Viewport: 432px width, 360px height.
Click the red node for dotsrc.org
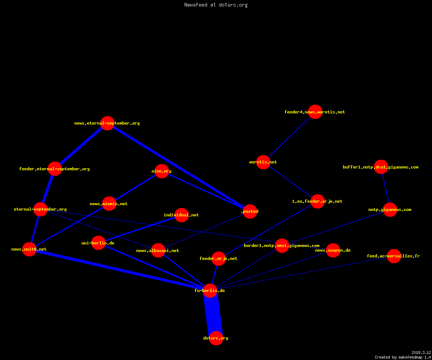coord(216,338)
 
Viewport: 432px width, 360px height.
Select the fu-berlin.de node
coord(210,291)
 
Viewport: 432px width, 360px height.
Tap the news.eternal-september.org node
coord(107,123)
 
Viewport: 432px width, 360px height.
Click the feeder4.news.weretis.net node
coord(315,112)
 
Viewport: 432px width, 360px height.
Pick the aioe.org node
coord(162,171)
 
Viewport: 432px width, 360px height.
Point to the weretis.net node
coord(263,162)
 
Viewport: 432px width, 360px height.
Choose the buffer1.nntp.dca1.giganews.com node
coord(381,167)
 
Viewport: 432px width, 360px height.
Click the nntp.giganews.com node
coord(390,210)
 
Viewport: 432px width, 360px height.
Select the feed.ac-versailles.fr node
coord(394,256)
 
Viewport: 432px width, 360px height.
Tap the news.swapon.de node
coord(333,250)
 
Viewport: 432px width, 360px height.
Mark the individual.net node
coord(181,215)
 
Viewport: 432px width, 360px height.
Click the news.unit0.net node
coord(29,249)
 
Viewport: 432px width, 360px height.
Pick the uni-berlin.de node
coord(98,243)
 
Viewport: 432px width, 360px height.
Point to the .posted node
coord(250,211)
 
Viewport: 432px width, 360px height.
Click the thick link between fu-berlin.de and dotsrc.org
coord(213,314)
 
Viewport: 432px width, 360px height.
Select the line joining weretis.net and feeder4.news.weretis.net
coord(289,137)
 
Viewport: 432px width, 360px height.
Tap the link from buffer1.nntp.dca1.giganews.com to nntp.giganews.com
coord(386,188)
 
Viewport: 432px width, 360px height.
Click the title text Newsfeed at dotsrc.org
coord(216,5)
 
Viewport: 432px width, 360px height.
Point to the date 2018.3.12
coord(421,352)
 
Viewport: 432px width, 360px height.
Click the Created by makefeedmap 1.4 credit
coord(403,357)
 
